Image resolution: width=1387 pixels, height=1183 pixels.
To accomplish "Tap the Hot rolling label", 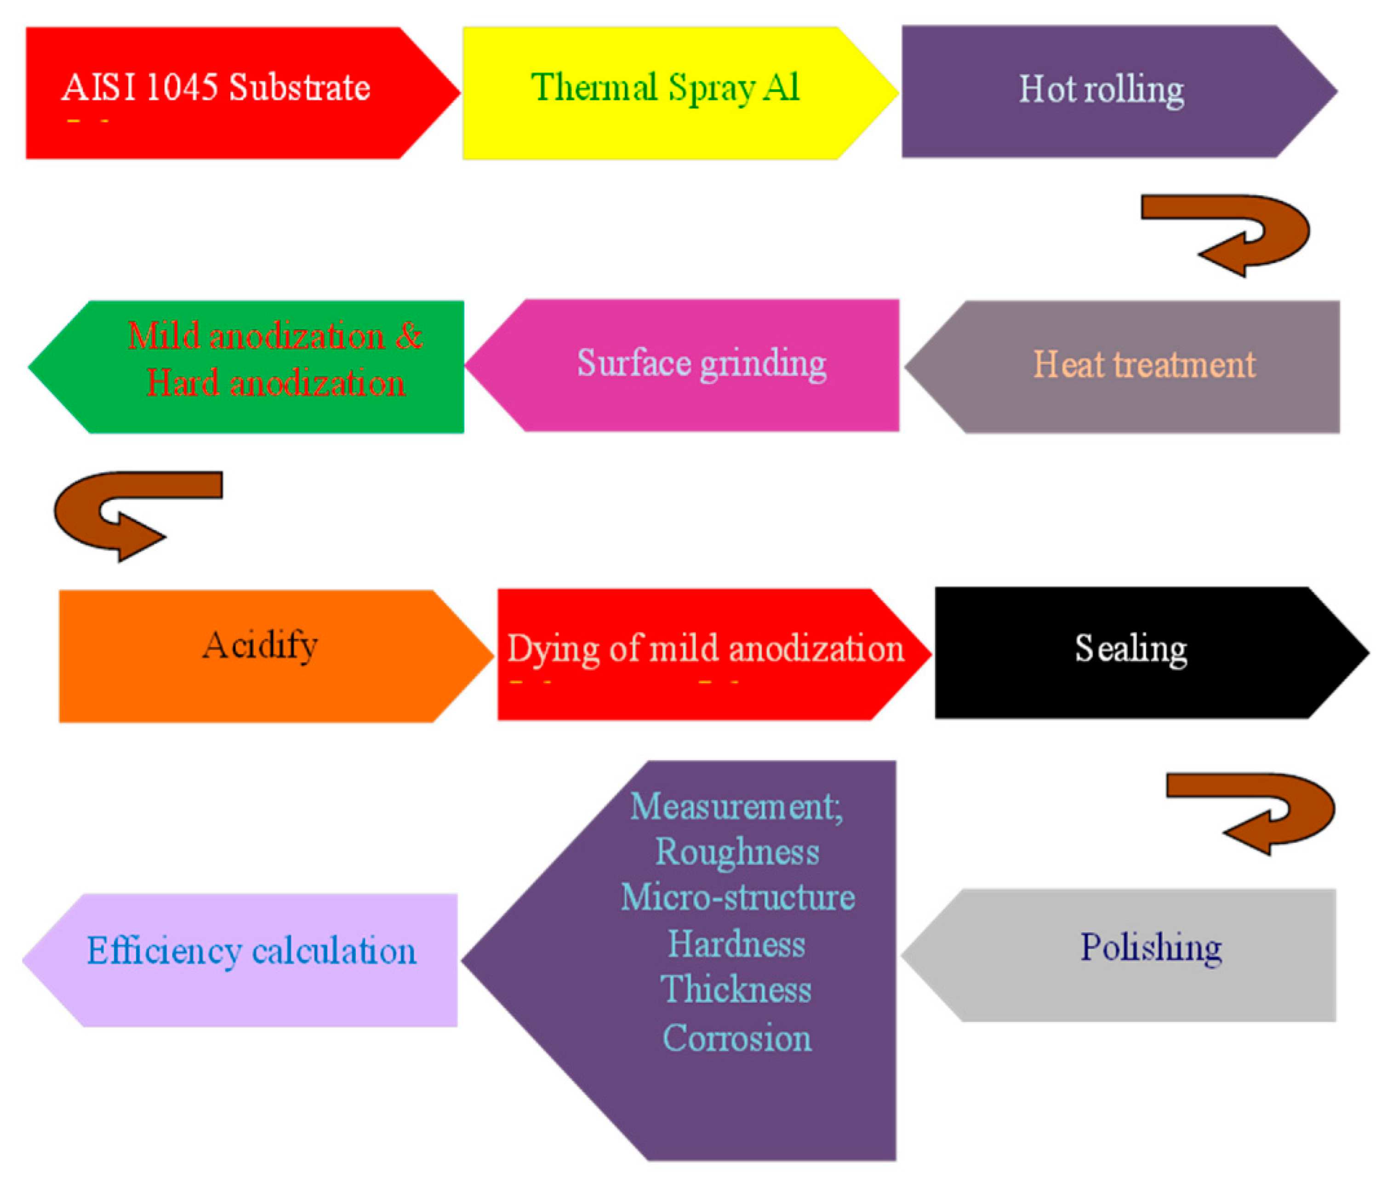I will pyautogui.click(x=1101, y=91).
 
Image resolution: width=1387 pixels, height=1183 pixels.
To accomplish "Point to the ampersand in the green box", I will pyautogui.click(x=408, y=335).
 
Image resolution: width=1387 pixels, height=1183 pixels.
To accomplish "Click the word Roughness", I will pyautogui.click(x=737, y=852).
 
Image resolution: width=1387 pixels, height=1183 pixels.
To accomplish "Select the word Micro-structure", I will pyautogui.click(x=737, y=897).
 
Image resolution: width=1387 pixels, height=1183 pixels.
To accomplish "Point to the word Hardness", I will pyautogui.click(x=736, y=944).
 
